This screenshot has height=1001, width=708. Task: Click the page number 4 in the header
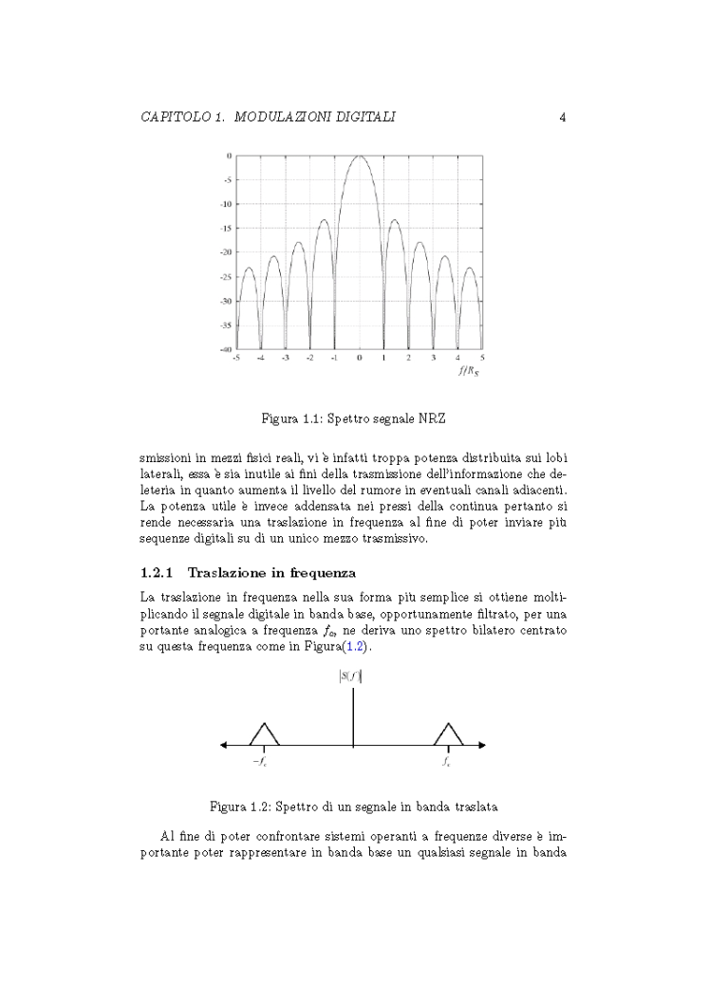pyautogui.click(x=563, y=118)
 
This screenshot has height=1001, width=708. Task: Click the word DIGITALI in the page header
pyautogui.click(x=365, y=118)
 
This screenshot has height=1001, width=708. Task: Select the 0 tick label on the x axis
pyautogui.click(x=360, y=359)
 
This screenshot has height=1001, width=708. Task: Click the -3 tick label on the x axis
pyautogui.click(x=286, y=359)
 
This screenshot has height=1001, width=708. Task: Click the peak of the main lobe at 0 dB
pyautogui.click(x=360, y=157)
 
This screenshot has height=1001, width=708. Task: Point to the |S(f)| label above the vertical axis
pyautogui.click(x=353, y=677)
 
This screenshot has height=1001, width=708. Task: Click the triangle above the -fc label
pyautogui.click(x=263, y=733)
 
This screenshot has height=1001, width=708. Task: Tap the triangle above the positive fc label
pyautogui.click(x=447, y=733)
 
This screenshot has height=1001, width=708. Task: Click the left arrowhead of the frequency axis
pyautogui.click(x=224, y=745)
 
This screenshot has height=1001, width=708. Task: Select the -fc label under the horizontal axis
pyautogui.click(x=259, y=761)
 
